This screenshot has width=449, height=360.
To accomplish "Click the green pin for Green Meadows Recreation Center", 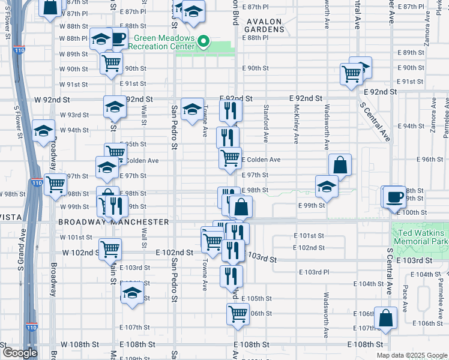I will coord(204,42).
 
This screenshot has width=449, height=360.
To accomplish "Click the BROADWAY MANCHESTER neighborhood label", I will coord(113,222).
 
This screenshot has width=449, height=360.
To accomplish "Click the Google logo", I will coord(20,353).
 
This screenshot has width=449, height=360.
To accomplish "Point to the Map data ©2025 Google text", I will coord(412,355).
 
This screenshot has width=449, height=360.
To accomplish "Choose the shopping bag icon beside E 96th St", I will coord(340,164).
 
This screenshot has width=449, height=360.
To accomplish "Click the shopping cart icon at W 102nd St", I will coord(110,248).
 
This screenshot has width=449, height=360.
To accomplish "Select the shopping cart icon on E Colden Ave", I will coord(230,158).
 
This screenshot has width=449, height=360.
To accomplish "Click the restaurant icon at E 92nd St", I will coord(231,110).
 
